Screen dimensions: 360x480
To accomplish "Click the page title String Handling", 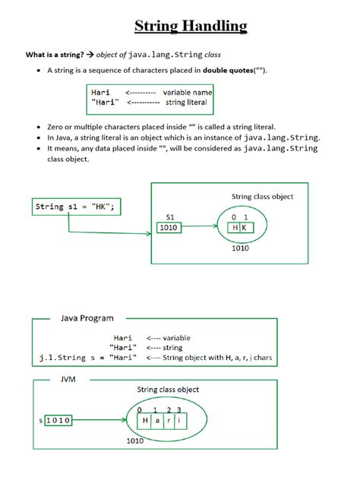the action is (191, 27).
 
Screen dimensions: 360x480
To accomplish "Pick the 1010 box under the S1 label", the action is (169, 226).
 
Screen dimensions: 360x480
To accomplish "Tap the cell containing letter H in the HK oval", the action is (235, 227).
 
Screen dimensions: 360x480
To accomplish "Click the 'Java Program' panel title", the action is (87, 320).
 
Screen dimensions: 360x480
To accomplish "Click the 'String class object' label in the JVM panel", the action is (168, 390).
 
